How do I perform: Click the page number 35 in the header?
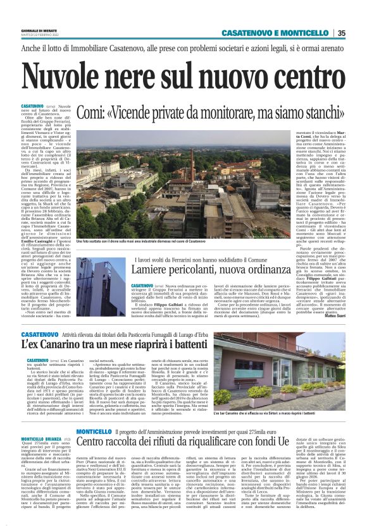coord(342,33)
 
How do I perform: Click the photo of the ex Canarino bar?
coord(279,366)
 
